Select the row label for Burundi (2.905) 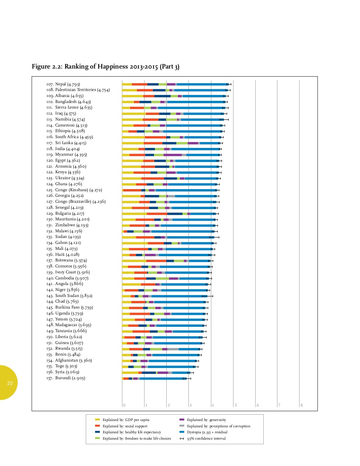(66, 378)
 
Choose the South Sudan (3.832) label (69, 296)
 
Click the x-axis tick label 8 (301, 405)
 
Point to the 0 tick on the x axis (124, 405)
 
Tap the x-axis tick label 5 (236, 405)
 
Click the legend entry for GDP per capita (122, 420)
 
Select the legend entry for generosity (203, 420)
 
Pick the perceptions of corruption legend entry (215, 426)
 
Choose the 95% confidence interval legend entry (203, 438)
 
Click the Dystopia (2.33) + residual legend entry (204, 432)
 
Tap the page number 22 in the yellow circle (10, 383)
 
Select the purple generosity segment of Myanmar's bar (173, 155)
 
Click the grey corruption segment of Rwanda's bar (173, 349)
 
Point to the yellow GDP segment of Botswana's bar (134, 261)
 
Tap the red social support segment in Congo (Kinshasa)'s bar (132, 190)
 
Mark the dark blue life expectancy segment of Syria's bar (149, 373)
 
